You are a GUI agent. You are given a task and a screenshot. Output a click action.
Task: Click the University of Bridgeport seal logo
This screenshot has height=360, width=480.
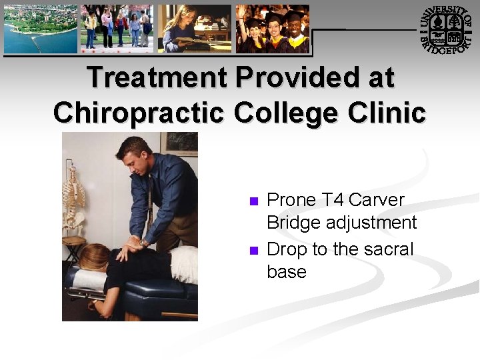(x=447, y=29)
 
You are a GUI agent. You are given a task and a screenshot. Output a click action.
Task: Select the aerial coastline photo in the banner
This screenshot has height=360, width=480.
(x=40, y=29)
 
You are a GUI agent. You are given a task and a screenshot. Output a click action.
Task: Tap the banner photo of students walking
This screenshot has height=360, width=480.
(x=117, y=29)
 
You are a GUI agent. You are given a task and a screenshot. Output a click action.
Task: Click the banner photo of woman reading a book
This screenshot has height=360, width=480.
(x=195, y=29)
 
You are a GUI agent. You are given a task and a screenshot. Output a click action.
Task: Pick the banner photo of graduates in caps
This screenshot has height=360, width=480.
(x=273, y=29)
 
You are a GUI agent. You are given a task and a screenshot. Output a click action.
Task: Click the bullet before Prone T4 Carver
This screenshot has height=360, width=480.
(x=253, y=201)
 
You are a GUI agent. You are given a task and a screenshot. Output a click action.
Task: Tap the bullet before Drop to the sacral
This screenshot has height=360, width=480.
(x=253, y=251)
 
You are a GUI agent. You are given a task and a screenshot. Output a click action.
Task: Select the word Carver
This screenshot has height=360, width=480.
(x=377, y=200)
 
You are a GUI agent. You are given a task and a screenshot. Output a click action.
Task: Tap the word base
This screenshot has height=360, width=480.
(x=287, y=272)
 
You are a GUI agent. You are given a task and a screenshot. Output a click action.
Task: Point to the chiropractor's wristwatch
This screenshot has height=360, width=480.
(x=145, y=242)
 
